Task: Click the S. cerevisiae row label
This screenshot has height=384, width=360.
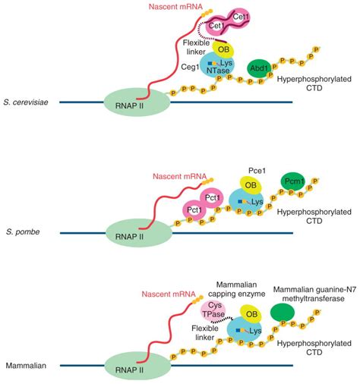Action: [x=27, y=102]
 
